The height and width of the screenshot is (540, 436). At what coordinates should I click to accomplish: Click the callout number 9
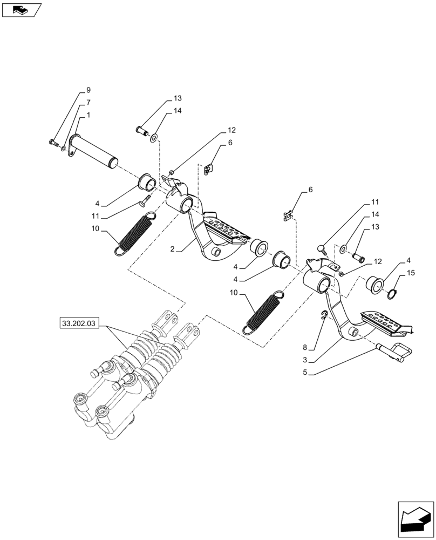point(88,90)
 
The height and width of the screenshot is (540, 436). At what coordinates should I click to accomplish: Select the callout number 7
point(88,102)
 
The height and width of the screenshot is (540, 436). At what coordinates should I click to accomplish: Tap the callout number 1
point(88,115)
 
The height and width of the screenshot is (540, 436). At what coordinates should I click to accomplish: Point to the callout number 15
point(411,274)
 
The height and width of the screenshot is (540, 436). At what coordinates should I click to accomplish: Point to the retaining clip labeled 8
point(322,315)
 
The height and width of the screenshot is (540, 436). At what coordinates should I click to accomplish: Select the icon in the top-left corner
point(21,9)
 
